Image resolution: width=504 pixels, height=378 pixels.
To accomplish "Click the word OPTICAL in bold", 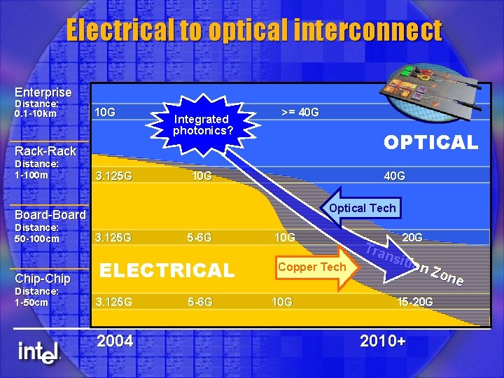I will pyautogui.click(x=430, y=143).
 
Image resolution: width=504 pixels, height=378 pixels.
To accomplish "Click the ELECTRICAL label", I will pyautogui.click(x=168, y=270).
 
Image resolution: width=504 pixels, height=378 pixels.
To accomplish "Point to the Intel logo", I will pyautogui.click(x=38, y=351).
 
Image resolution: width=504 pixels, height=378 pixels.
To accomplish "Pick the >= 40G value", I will pyautogui.click(x=300, y=112).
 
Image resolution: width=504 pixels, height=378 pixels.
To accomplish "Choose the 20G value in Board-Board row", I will pyautogui.click(x=412, y=237).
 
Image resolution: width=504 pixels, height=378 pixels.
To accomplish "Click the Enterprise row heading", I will pyautogui.click(x=43, y=92).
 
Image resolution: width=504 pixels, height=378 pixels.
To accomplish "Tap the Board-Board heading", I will pyautogui.click(x=50, y=215).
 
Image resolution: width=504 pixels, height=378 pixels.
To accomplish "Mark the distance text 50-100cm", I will pyautogui.click(x=37, y=238).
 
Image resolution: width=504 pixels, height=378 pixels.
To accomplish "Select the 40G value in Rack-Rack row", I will pyautogui.click(x=394, y=176).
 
